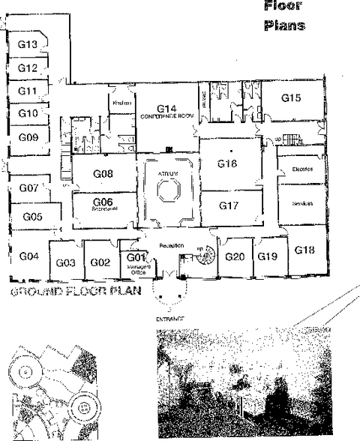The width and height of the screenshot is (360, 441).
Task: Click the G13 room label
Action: click(28, 45)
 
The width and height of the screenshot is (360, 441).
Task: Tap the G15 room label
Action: click(291, 97)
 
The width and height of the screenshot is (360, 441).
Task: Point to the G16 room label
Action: click(227, 163)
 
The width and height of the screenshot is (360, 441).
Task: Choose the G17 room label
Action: click(228, 205)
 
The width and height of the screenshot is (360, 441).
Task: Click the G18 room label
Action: click(304, 250)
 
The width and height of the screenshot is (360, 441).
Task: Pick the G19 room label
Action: click(268, 256)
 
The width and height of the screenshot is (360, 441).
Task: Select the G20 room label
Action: click(235, 256)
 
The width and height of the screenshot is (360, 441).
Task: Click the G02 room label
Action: click(100, 262)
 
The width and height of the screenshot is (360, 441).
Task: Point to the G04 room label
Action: click(28, 256)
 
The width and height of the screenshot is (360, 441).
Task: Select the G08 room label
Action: click(103, 174)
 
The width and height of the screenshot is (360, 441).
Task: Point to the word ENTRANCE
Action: click(170, 319)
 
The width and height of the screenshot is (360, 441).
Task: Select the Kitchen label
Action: click(122, 103)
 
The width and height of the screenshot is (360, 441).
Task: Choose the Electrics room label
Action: click(302, 169)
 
